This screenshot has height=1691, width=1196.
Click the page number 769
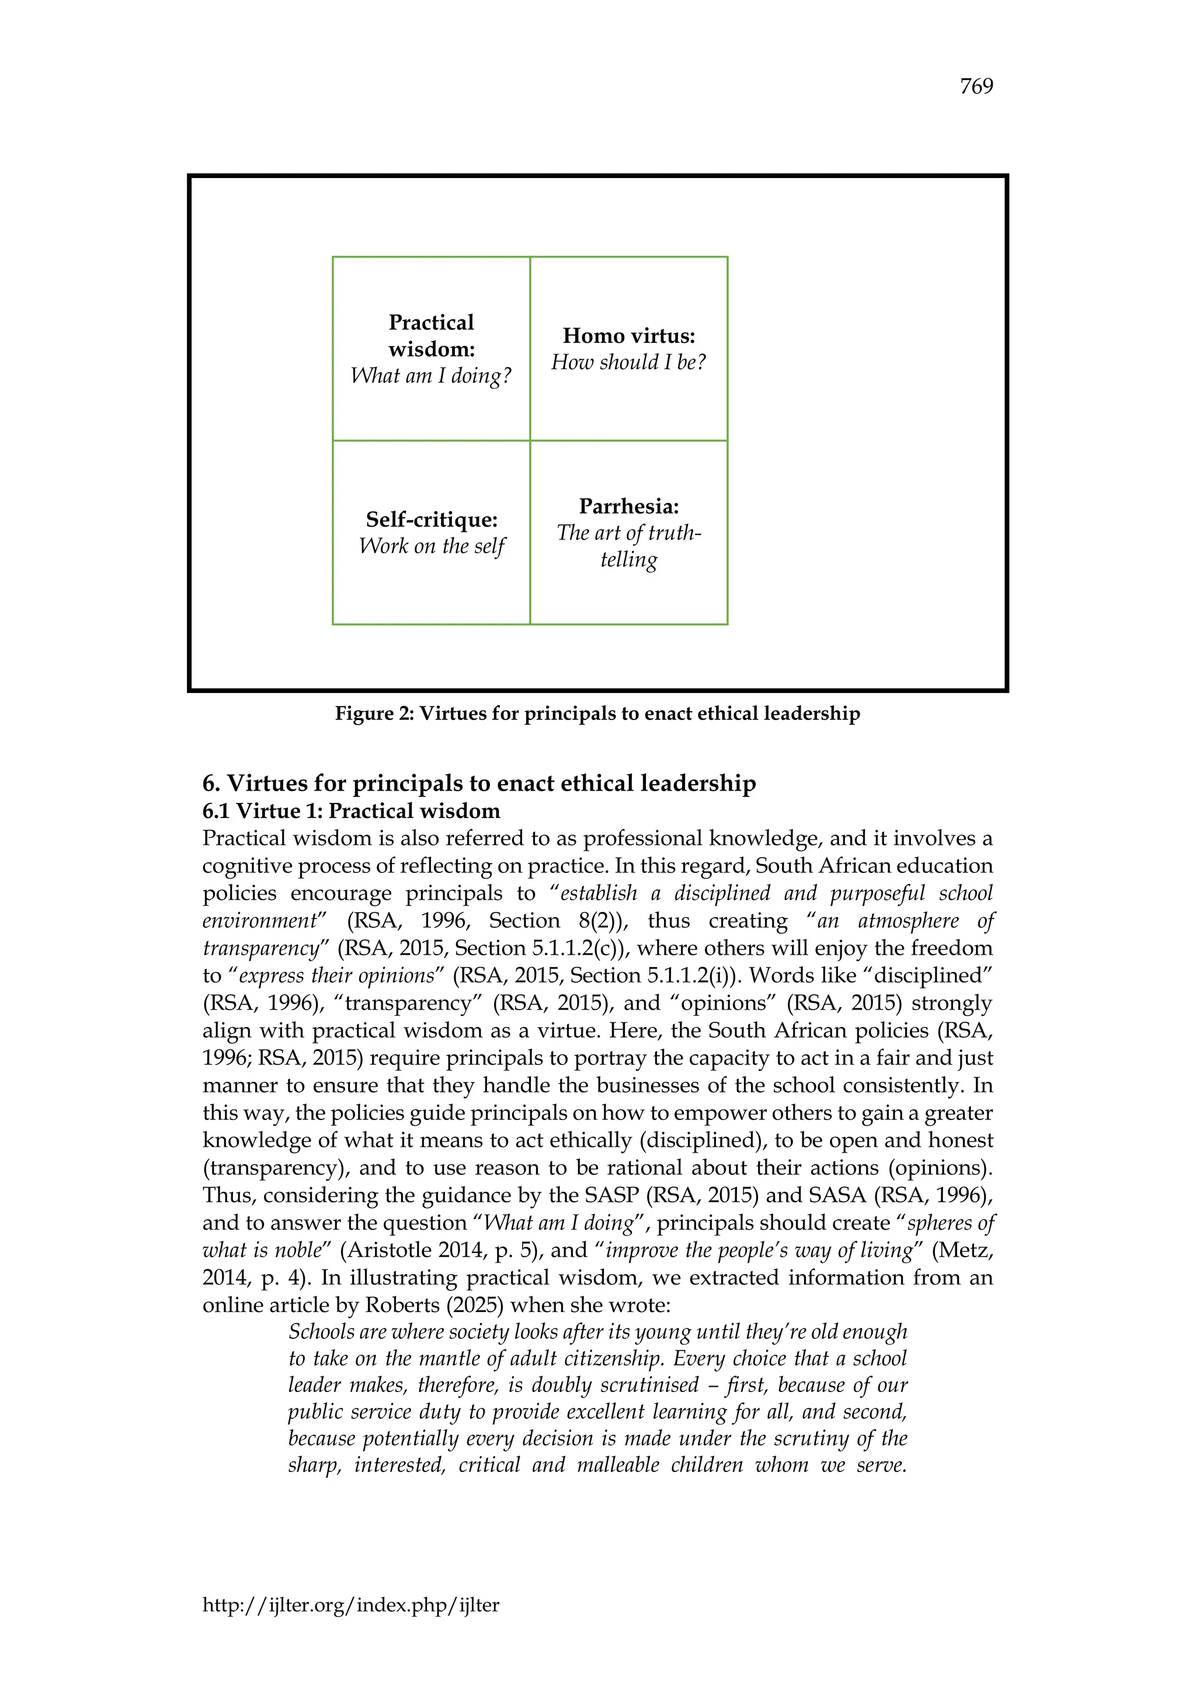(x=976, y=87)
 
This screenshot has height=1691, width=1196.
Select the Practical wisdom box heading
(x=432, y=336)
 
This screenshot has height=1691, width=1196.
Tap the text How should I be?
(x=628, y=363)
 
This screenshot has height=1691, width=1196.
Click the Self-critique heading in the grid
(x=432, y=519)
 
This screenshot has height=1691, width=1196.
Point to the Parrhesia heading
(x=628, y=507)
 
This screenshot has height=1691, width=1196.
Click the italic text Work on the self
(x=432, y=547)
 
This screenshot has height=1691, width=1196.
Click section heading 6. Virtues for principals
(x=479, y=783)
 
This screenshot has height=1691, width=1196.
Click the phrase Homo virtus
(x=628, y=336)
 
